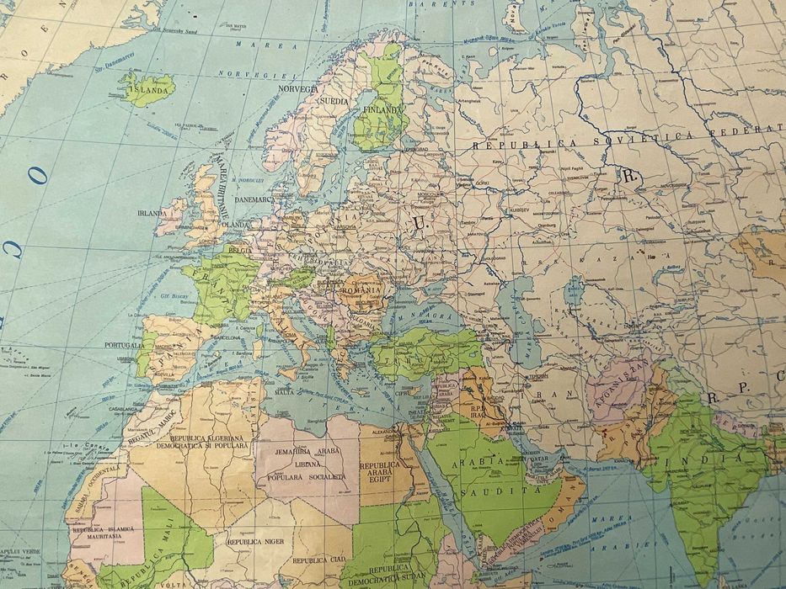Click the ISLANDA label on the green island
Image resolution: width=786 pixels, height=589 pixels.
(152, 86)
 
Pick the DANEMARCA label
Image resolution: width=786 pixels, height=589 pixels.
(252, 199)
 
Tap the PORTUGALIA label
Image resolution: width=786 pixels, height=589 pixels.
(125, 345)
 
